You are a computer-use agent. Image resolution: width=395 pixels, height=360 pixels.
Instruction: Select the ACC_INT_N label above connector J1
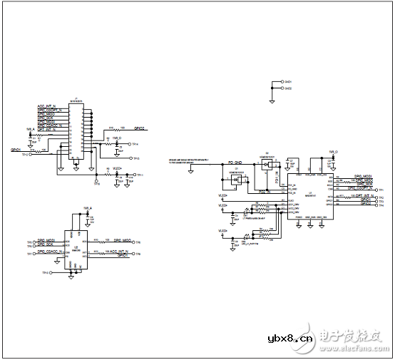coord(51,108)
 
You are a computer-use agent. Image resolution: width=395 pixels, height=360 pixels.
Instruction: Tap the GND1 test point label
coord(289,82)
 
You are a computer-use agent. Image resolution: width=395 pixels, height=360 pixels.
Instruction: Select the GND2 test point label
coord(289,88)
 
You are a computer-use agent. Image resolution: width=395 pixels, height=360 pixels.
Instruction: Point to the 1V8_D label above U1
coord(333,152)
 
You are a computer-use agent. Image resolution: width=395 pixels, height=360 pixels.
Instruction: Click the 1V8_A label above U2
coord(88,208)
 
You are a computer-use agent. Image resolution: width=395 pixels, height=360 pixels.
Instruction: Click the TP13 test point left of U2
coord(44,273)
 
